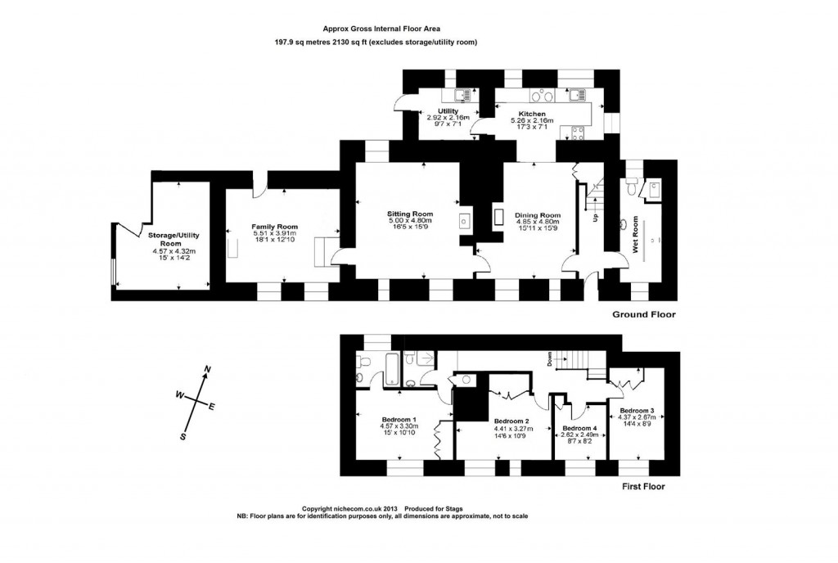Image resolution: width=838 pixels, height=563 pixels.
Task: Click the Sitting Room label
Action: tap(409, 214)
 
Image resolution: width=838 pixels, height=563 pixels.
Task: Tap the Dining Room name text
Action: tap(537, 214)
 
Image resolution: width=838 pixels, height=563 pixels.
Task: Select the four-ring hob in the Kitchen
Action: tap(579, 134)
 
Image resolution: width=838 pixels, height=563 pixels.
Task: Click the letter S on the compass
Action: tap(184, 436)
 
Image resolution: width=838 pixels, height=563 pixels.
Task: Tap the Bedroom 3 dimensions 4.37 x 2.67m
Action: tap(635, 417)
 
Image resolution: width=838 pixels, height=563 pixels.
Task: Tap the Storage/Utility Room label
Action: tap(170, 239)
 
